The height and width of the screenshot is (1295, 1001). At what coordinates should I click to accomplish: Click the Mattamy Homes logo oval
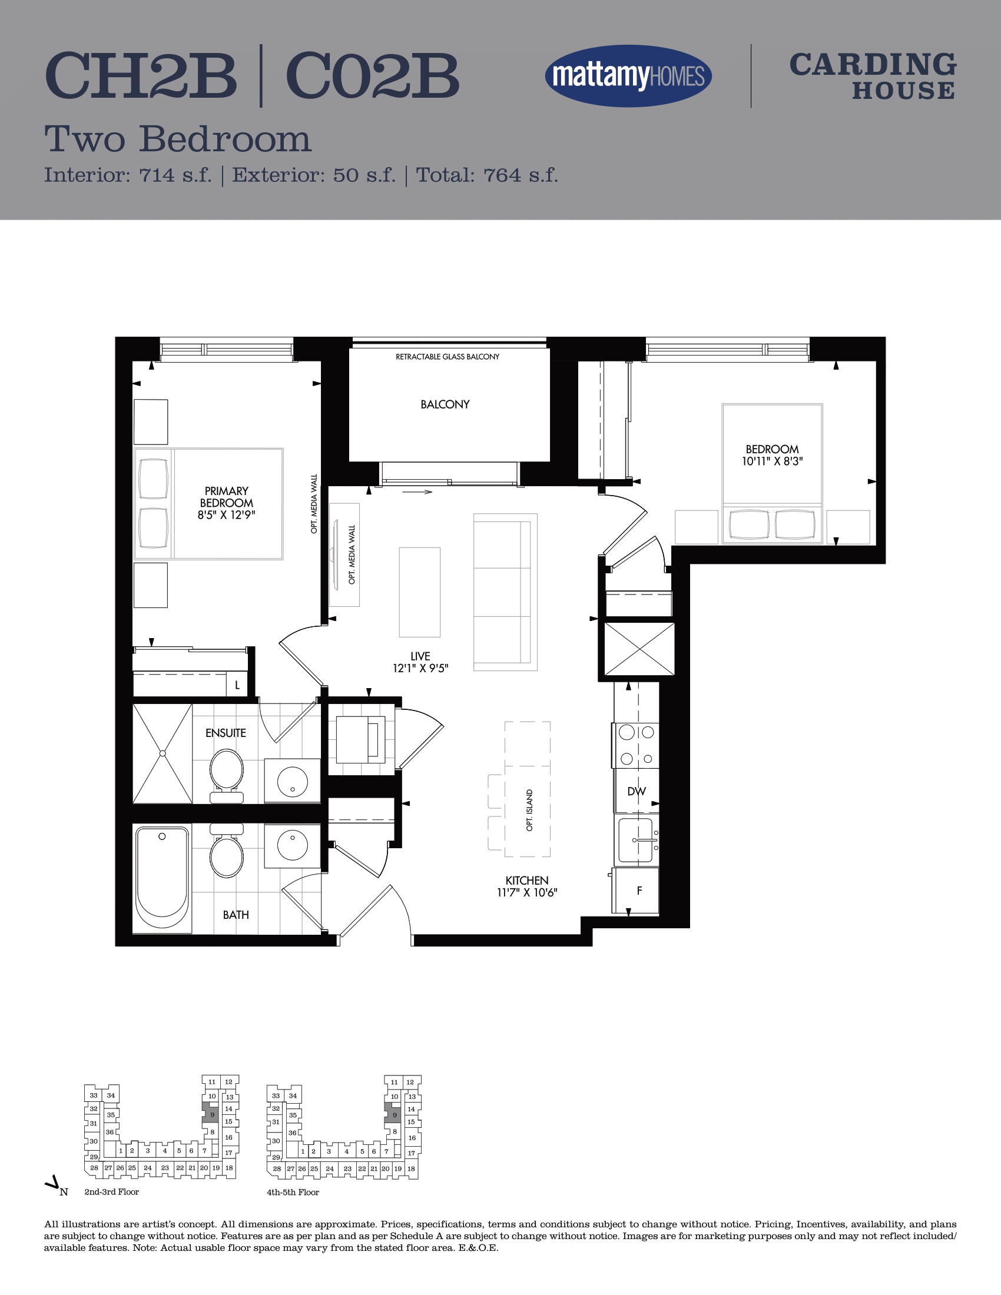[x=628, y=76]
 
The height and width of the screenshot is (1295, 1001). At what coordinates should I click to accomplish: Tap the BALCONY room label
[x=445, y=404]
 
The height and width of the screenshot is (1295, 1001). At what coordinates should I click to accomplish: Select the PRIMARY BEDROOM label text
[x=227, y=497]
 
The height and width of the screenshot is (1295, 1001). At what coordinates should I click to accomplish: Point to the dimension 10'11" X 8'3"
[x=772, y=461]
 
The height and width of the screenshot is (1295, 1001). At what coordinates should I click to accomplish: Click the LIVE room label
[x=420, y=656]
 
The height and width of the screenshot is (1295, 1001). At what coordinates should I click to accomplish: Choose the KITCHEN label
[x=526, y=881]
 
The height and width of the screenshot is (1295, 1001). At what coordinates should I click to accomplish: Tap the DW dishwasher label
[x=637, y=792]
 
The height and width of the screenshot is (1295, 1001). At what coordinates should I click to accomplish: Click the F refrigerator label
[x=639, y=891]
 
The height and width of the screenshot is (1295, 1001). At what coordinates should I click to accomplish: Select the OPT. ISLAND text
[x=529, y=810]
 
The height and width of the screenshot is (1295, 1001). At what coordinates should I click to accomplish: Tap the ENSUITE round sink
[x=293, y=781]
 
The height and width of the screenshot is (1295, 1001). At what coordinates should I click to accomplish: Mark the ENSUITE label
[x=226, y=733]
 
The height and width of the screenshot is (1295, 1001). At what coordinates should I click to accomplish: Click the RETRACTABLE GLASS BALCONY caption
[x=447, y=356]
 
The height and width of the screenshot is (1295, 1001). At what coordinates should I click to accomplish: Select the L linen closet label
[x=237, y=685]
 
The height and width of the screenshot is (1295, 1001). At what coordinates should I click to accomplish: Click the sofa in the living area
[x=505, y=592]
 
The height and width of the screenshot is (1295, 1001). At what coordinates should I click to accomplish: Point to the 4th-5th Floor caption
[x=293, y=1193]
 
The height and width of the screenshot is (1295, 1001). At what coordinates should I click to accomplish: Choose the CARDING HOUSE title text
[x=873, y=77]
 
